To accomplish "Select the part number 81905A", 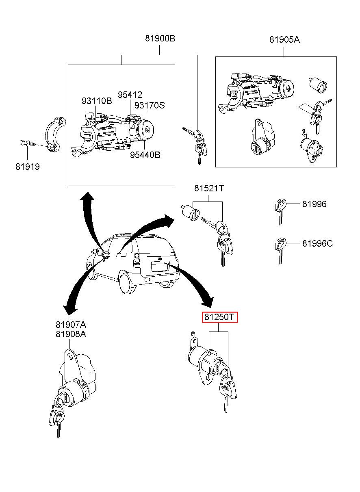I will tap(284, 40).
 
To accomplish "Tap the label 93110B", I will tap(96, 101).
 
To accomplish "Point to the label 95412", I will tap(130, 95).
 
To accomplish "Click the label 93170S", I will tap(150, 105).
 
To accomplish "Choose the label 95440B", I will tap(145, 155).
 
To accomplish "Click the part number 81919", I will tap(28, 167).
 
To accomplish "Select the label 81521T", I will tap(209, 189).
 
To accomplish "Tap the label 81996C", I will tap(317, 243).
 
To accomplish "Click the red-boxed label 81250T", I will tap(220, 317).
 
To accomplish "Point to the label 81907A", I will tap(71, 325).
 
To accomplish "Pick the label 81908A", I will tap(71, 334).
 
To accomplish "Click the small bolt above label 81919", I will tap(24, 143).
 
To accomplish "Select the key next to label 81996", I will tap(280, 209).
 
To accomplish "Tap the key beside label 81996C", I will tap(280, 249).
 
